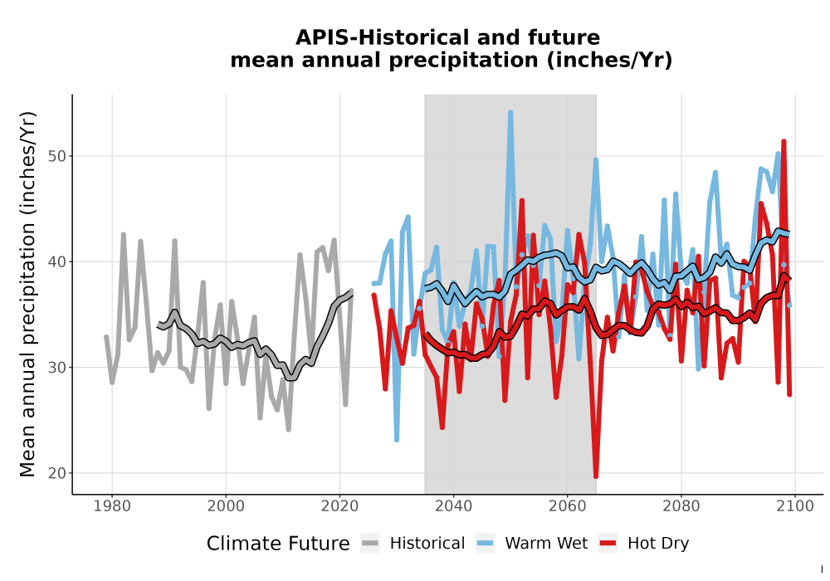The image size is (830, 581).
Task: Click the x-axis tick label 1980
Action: point(112,505)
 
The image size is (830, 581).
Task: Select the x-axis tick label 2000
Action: point(226,505)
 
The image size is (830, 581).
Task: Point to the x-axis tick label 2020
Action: point(339,505)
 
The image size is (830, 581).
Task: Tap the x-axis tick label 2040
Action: point(454,505)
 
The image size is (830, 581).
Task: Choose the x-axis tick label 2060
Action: point(568,505)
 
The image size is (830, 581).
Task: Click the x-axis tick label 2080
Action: point(681,505)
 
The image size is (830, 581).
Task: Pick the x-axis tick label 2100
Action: point(795,505)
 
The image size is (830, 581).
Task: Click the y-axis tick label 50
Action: point(58,156)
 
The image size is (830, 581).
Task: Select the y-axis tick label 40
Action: point(58,262)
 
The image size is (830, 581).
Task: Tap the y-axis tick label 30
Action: point(58,368)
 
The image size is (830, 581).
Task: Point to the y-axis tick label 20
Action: point(58,473)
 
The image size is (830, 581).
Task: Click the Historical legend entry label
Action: point(427,544)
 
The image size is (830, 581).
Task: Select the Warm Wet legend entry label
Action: point(546,544)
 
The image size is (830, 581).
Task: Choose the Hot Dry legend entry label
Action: point(658,544)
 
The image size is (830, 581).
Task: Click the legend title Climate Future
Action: point(278,544)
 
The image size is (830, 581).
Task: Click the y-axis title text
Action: point(27,294)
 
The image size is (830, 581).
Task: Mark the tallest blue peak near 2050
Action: point(510,112)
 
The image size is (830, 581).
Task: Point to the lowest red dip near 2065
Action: point(596,476)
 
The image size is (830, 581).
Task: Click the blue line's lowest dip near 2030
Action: point(397,439)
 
